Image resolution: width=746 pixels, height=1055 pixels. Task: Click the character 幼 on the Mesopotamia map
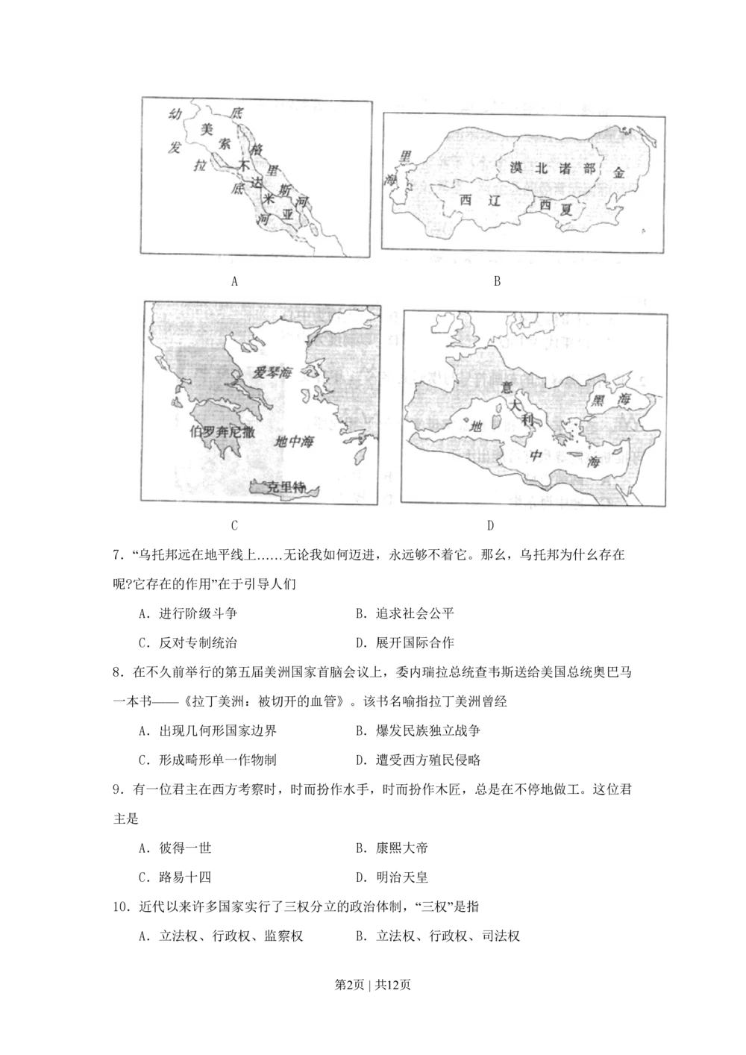(x=175, y=114)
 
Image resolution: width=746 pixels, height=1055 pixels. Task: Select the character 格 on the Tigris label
(x=258, y=151)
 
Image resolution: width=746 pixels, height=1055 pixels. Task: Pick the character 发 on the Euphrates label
(x=175, y=148)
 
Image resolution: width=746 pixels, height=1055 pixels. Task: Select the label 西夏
(x=556, y=207)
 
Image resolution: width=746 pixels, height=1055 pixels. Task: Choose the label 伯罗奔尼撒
(x=222, y=431)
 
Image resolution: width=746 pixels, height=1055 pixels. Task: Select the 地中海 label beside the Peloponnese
(x=294, y=442)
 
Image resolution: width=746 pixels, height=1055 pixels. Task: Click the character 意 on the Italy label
(x=507, y=388)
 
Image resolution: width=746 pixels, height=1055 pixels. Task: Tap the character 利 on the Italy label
(x=527, y=420)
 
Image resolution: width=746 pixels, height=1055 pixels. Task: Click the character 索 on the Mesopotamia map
(x=225, y=143)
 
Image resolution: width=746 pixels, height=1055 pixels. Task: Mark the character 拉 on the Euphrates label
(x=200, y=166)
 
